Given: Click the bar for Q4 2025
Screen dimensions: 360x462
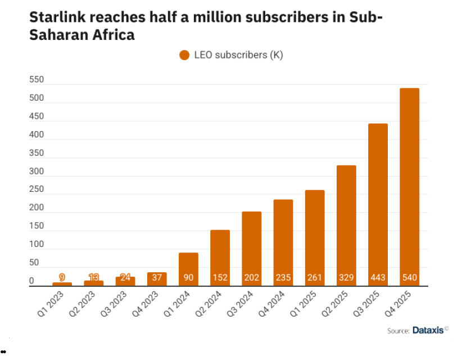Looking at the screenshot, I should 409,186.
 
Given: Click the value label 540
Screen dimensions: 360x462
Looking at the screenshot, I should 409,277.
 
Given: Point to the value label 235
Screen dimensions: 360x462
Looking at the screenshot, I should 283,277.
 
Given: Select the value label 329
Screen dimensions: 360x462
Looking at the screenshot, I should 346,277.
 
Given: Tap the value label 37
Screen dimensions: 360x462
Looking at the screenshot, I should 157,277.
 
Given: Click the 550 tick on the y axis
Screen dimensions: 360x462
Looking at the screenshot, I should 37,80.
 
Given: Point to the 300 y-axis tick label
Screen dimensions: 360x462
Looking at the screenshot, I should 37,172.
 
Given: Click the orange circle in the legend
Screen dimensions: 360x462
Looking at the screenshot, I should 184,55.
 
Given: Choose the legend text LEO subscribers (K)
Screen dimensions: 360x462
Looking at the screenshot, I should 238,55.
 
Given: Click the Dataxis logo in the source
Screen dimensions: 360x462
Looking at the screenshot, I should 428,330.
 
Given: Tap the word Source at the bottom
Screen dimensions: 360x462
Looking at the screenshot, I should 397,331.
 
